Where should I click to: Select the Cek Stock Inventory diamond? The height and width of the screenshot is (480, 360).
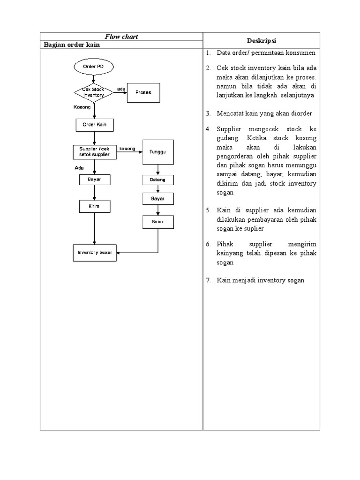click(x=94, y=92)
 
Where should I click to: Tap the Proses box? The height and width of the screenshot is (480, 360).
click(x=143, y=93)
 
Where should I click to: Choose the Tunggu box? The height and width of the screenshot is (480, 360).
click(x=158, y=152)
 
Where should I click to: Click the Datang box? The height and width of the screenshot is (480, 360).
click(x=158, y=180)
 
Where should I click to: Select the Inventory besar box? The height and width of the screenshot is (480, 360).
click(x=94, y=252)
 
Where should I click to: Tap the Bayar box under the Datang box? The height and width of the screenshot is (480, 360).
click(x=158, y=199)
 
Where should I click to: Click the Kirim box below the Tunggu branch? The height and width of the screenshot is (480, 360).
click(x=158, y=222)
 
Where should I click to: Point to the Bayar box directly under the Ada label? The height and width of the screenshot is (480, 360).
click(x=94, y=180)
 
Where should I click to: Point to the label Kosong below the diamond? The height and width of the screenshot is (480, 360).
click(x=82, y=107)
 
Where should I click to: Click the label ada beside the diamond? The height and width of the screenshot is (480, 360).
click(x=121, y=89)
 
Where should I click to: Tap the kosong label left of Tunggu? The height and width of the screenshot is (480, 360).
click(x=127, y=149)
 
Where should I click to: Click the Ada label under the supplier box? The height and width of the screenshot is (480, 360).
click(x=79, y=167)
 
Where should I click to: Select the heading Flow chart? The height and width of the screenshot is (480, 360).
click(x=121, y=37)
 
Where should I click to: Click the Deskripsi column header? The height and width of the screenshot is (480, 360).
click(x=261, y=40)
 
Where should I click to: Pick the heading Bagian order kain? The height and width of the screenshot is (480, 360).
click(x=72, y=45)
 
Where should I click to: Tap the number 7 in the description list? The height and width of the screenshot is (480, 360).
click(x=208, y=280)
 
